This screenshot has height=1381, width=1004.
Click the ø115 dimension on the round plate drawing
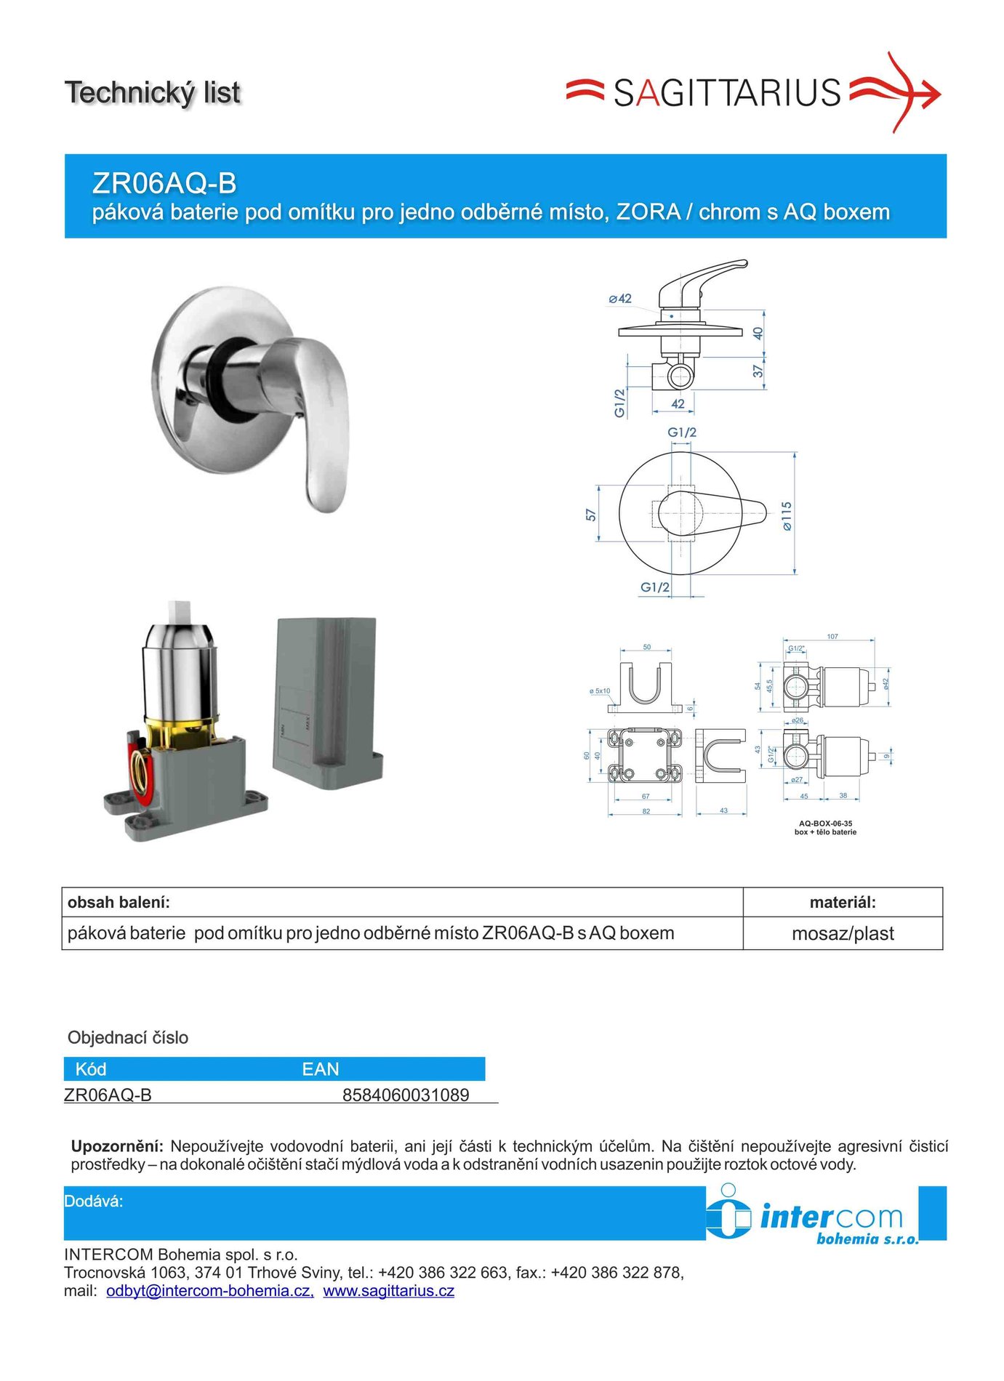click(x=787, y=515)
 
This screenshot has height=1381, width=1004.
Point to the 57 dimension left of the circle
click(x=591, y=515)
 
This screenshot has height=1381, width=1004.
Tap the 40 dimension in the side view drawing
click(x=758, y=333)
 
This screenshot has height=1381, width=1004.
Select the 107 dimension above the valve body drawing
click(x=832, y=637)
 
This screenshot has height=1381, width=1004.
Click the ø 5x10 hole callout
click(x=600, y=691)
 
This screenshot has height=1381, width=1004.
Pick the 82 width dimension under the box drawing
click(x=646, y=811)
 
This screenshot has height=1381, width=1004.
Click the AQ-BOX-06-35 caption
click(x=825, y=824)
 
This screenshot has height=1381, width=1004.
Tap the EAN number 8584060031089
click(x=406, y=1095)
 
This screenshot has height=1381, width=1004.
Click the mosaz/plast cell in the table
click(x=843, y=933)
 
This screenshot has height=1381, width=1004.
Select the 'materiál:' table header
click(x=843, y=902)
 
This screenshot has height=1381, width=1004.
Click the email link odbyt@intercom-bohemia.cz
click(x=210, y=1291)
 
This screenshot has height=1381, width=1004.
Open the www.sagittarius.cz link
click(x=389, y=1291)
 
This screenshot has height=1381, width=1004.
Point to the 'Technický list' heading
click(x=153, y=93)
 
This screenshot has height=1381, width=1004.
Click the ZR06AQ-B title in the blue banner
click(x=164, y=183)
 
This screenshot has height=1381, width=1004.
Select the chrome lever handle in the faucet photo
click(x=320, y=422)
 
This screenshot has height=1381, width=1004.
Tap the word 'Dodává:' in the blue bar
click(x=94, y=1201)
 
